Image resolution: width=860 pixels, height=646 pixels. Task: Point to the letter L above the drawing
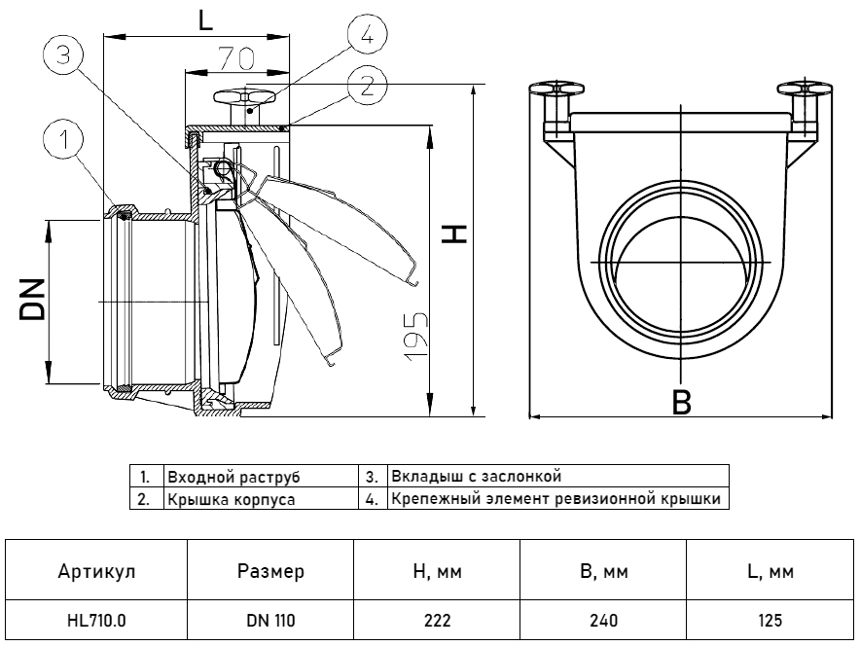tap(205, 21)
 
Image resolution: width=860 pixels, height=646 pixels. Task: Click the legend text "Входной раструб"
tap(233, 478)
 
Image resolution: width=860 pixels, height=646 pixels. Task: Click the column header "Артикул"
tap(94, 572)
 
